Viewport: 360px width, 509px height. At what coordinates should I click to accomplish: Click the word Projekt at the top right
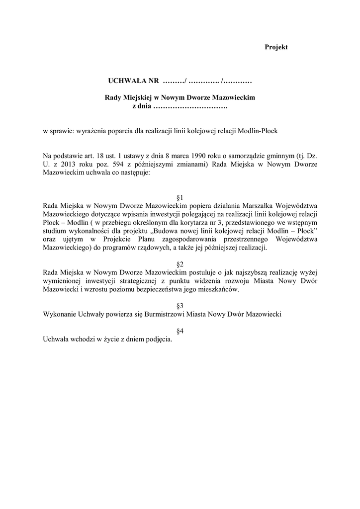pos(276,47)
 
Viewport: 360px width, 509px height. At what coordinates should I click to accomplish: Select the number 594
pos(116,165)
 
